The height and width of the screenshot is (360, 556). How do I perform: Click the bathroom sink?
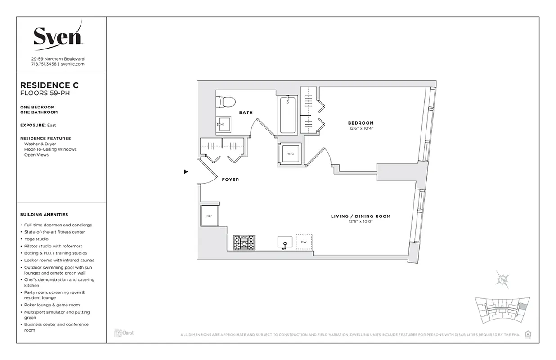click(224, 124)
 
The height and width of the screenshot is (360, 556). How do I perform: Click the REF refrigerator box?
click(209, 216)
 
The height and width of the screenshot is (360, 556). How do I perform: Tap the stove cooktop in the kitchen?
click(244, 243)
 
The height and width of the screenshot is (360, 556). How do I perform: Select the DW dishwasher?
click(304, 242)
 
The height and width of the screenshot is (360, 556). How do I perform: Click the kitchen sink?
click(284, 243)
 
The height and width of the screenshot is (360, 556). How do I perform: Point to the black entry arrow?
click(186, 171)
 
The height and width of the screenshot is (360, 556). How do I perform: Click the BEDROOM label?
click(361, 123)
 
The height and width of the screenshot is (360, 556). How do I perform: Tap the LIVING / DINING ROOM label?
click(361, 216)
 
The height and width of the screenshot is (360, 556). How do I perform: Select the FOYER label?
click(230, 180)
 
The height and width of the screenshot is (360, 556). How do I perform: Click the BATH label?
click(246, 112)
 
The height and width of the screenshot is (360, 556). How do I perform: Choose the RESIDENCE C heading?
click(49, 85)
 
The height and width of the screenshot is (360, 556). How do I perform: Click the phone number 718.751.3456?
click(44, 64)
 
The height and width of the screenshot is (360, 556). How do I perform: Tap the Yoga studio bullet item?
click(36, 239)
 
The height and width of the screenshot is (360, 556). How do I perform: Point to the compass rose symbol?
click(502, 279)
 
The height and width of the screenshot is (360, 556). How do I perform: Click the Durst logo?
click(124, 333)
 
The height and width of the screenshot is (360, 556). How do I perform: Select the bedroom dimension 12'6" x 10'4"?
click(361, 128)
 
